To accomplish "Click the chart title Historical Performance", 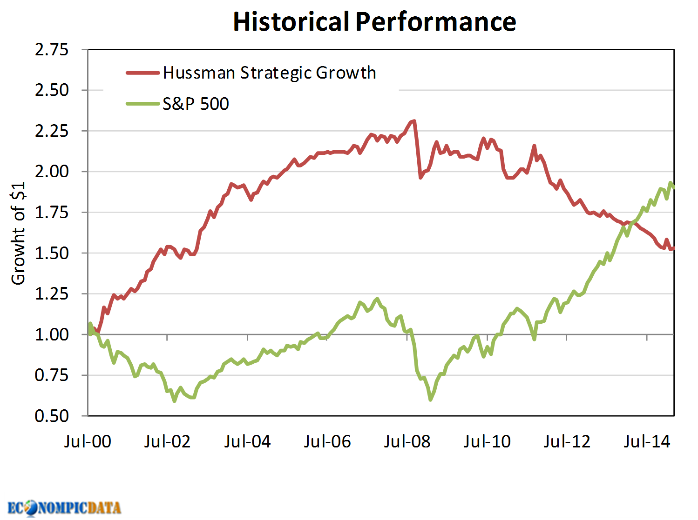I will (x=374, y=21).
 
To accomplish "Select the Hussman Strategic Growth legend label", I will (x=269, y=73).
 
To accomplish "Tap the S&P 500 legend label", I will (x=196, y=104).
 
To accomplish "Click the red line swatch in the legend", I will (x=143, y=73).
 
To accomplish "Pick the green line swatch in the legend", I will (x=143, y=104).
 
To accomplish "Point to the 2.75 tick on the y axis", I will (x=52, y=49).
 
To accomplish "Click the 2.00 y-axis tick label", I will (x=52, y=171).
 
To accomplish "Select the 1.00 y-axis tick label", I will (x=52, y=334).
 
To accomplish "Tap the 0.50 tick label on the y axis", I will (x=52, y=415).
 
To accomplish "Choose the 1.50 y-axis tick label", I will (x=52, y=253).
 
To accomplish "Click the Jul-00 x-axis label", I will (x=88, y=441).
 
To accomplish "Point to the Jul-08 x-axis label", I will (x=407, y=441).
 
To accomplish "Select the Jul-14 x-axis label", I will (x=647, y=441).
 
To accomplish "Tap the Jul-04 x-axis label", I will (x=247, y=441).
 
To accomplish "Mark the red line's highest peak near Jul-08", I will (x=414, y=121).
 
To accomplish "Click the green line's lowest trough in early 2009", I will (x=430, y=400).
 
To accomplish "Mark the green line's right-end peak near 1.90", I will (x=671, y=183).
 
